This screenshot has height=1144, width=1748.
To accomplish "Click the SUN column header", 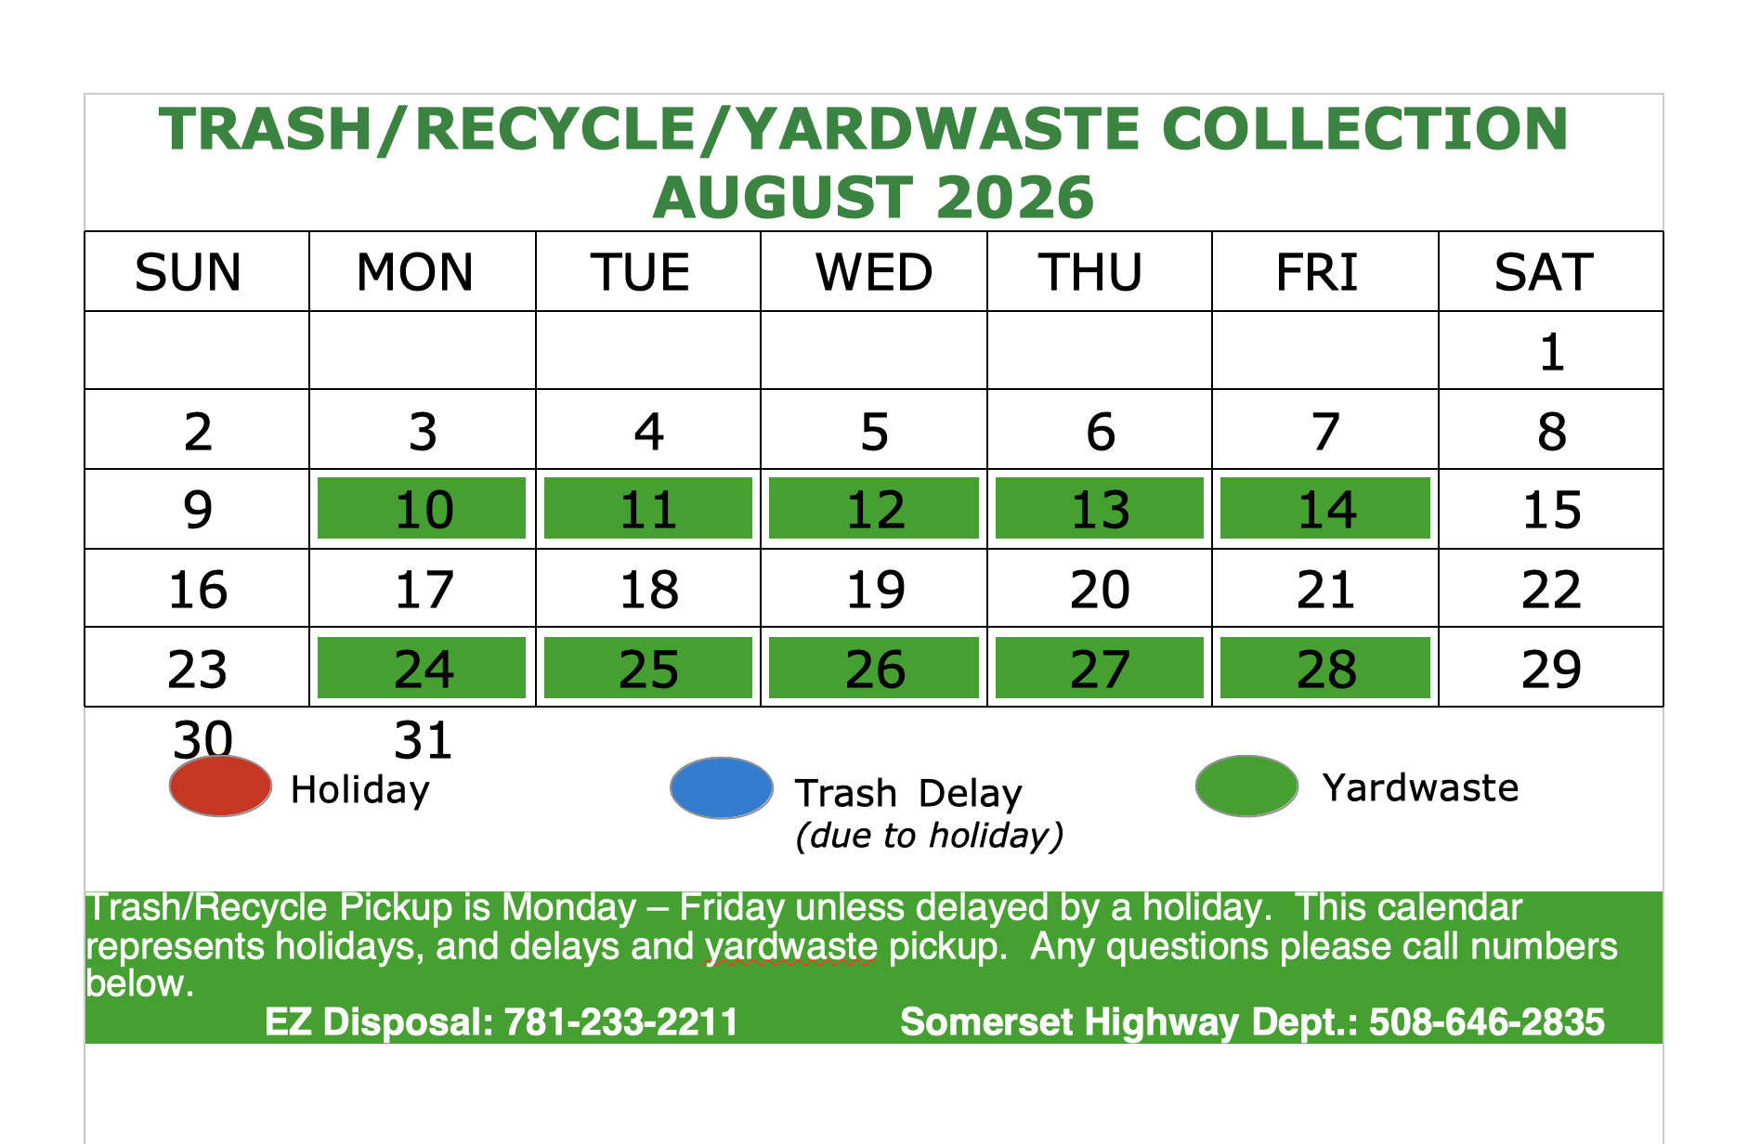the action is click(188, 272).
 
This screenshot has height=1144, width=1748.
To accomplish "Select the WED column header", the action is click(874, 272).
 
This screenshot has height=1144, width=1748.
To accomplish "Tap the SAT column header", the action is click(1544, 272).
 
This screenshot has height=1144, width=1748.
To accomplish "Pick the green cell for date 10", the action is click(422, 508).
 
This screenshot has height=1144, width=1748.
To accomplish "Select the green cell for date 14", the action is click(1325, 508).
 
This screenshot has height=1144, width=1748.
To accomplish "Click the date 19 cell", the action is click(874, 589).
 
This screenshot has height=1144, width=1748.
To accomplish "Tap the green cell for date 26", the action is click(874, 668).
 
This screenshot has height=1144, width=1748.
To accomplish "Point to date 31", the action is click(424, 740).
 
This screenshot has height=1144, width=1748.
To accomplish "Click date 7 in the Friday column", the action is click(1325, 432).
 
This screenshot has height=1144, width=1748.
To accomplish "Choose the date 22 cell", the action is click(1551, 589).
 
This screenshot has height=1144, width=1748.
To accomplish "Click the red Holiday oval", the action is click(220, 786).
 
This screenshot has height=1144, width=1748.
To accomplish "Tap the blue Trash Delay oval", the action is click(722, 788).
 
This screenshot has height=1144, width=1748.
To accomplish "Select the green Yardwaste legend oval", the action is click(1246, 786).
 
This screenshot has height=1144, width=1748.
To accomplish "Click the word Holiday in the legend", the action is click(360, 790).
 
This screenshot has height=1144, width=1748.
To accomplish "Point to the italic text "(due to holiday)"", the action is click(930, 836).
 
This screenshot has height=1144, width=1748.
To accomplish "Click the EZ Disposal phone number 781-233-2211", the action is click(620, 1022).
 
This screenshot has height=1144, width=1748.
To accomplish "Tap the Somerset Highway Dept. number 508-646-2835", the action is click(1487, 1022).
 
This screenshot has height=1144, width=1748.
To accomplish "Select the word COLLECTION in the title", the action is click(1365, 128).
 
